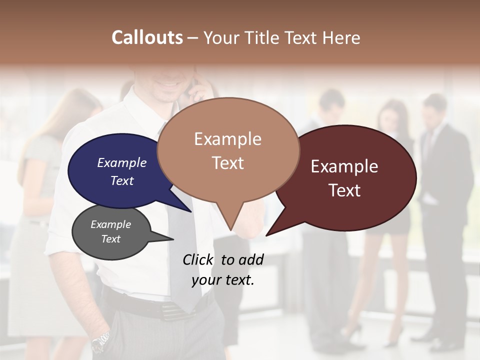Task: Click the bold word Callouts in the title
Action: [x=147, y=37]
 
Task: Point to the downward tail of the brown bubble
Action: [x=230, y=220]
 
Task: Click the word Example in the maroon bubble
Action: [x=344, y=166]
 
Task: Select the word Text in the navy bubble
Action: [x=122, y=181]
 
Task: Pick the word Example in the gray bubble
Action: [x=110, y=224]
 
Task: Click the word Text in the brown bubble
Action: [x=227, y=163]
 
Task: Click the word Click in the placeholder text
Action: [x=198, y=259]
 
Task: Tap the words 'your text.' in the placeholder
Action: [x=223, y=280]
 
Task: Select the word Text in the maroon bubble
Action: [x=344, y=190]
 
